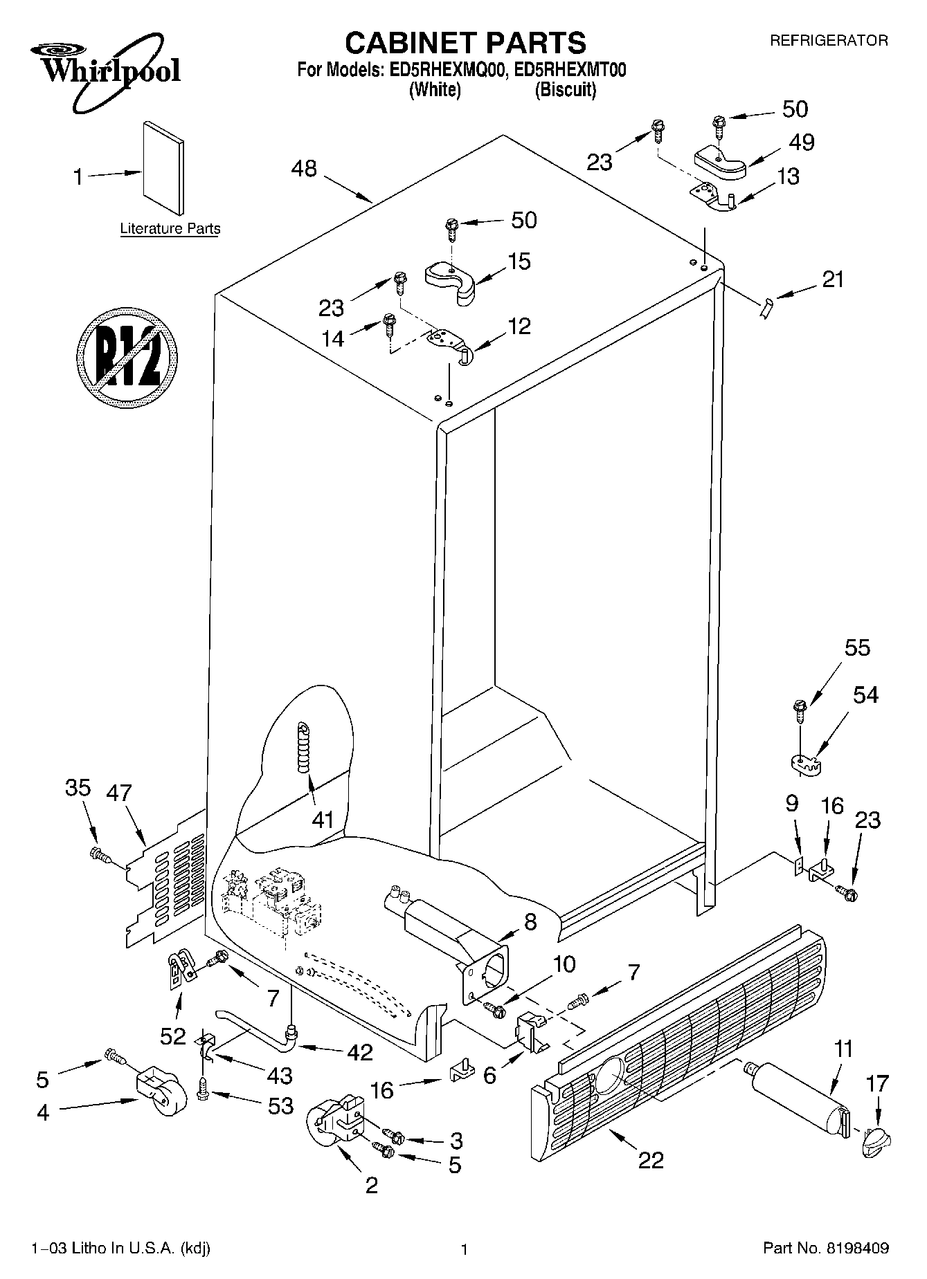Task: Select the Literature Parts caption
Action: click(x=170, y=229)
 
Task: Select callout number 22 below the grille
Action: click(x=650, y=1159)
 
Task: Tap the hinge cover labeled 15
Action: click(x=451, y=281)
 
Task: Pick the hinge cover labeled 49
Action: click(x=721, y=161)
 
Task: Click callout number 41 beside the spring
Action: click(x=323, y=820)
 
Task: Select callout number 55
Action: click(x=857, y=647)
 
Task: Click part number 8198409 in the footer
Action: click(x=856, y=1249)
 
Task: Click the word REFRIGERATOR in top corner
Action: click(x=828, y=41)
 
